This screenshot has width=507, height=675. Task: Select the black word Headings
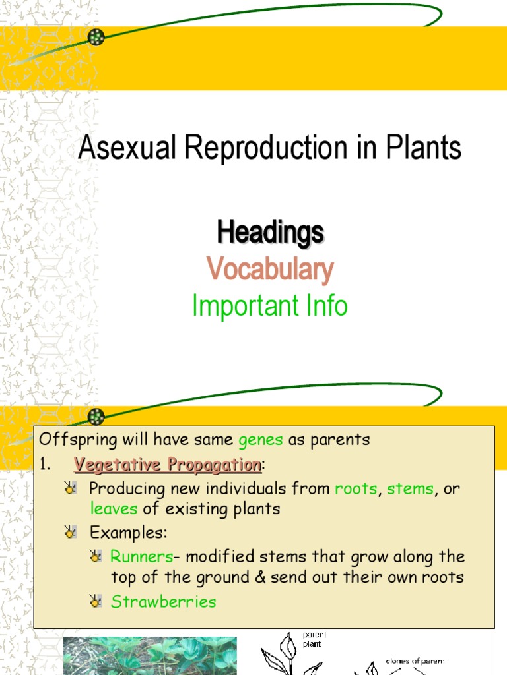tap(271, 233)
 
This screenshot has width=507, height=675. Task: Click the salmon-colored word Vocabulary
tap(270, 270)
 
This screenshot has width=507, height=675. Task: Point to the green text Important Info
tap(269, 306)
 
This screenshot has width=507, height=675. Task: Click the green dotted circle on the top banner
tap(97, 37)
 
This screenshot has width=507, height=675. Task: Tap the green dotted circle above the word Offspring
tap(97, 417)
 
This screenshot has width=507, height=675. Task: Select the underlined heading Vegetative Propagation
tap(168, 465)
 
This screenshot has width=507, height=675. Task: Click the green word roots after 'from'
tap(356, 489)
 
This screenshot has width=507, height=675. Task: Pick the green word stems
tap(410, 489)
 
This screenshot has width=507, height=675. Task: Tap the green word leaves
tap(114, 509)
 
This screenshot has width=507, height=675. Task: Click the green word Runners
tap(141, 557)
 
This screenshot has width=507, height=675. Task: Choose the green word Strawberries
tap(163, 601)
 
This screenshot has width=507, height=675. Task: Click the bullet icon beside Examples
tap(70, 533)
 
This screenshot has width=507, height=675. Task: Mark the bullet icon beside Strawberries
tap(96, 601)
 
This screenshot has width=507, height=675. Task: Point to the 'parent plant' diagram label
tap(314, 639)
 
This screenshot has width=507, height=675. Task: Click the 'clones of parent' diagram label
tap(416, 661)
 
